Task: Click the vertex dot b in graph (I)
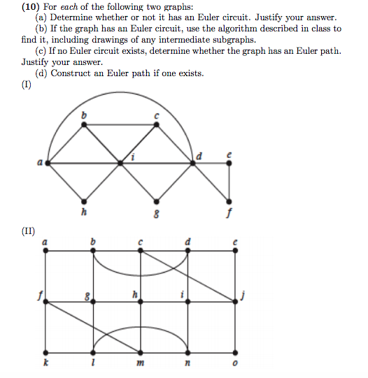[85, 124]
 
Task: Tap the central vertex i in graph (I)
[121, 162]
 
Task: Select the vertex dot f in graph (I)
[229, 199]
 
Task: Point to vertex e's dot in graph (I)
[229, 162]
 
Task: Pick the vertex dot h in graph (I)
[85, 199]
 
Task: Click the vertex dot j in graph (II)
[236, 302]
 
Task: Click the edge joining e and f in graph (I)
[229, 180]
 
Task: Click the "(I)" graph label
[27, 86]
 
